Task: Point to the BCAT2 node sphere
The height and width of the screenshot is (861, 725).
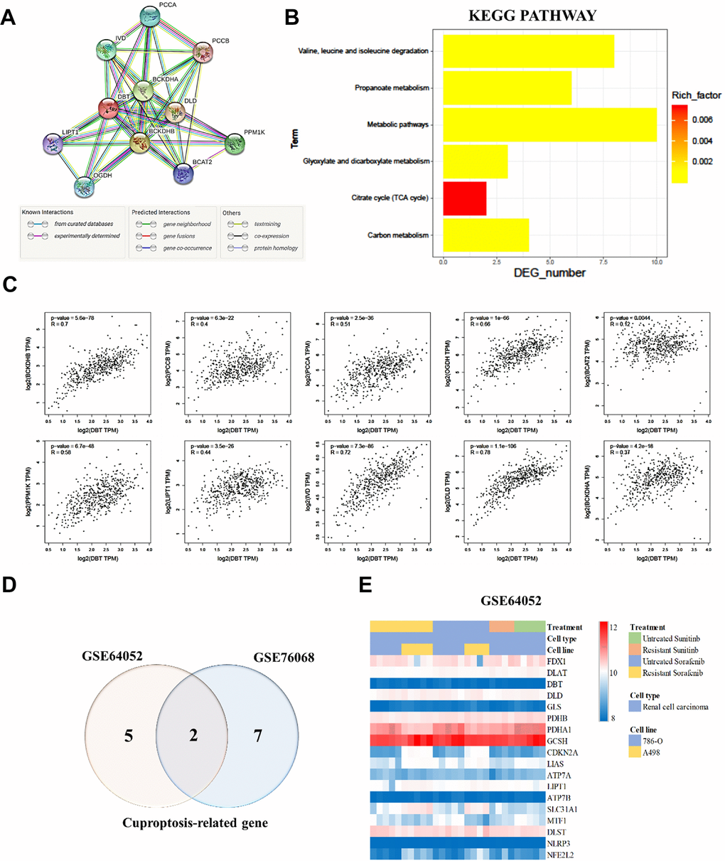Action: (x=187, y=170)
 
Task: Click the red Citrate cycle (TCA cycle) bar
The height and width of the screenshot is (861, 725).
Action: (x=464, y=198)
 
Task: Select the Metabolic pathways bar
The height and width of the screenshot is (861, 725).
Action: (x=549, y=124)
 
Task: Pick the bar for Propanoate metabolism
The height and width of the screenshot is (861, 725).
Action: (x=507, y=88)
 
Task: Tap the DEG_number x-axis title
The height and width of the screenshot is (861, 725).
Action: (x=550, y=272)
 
